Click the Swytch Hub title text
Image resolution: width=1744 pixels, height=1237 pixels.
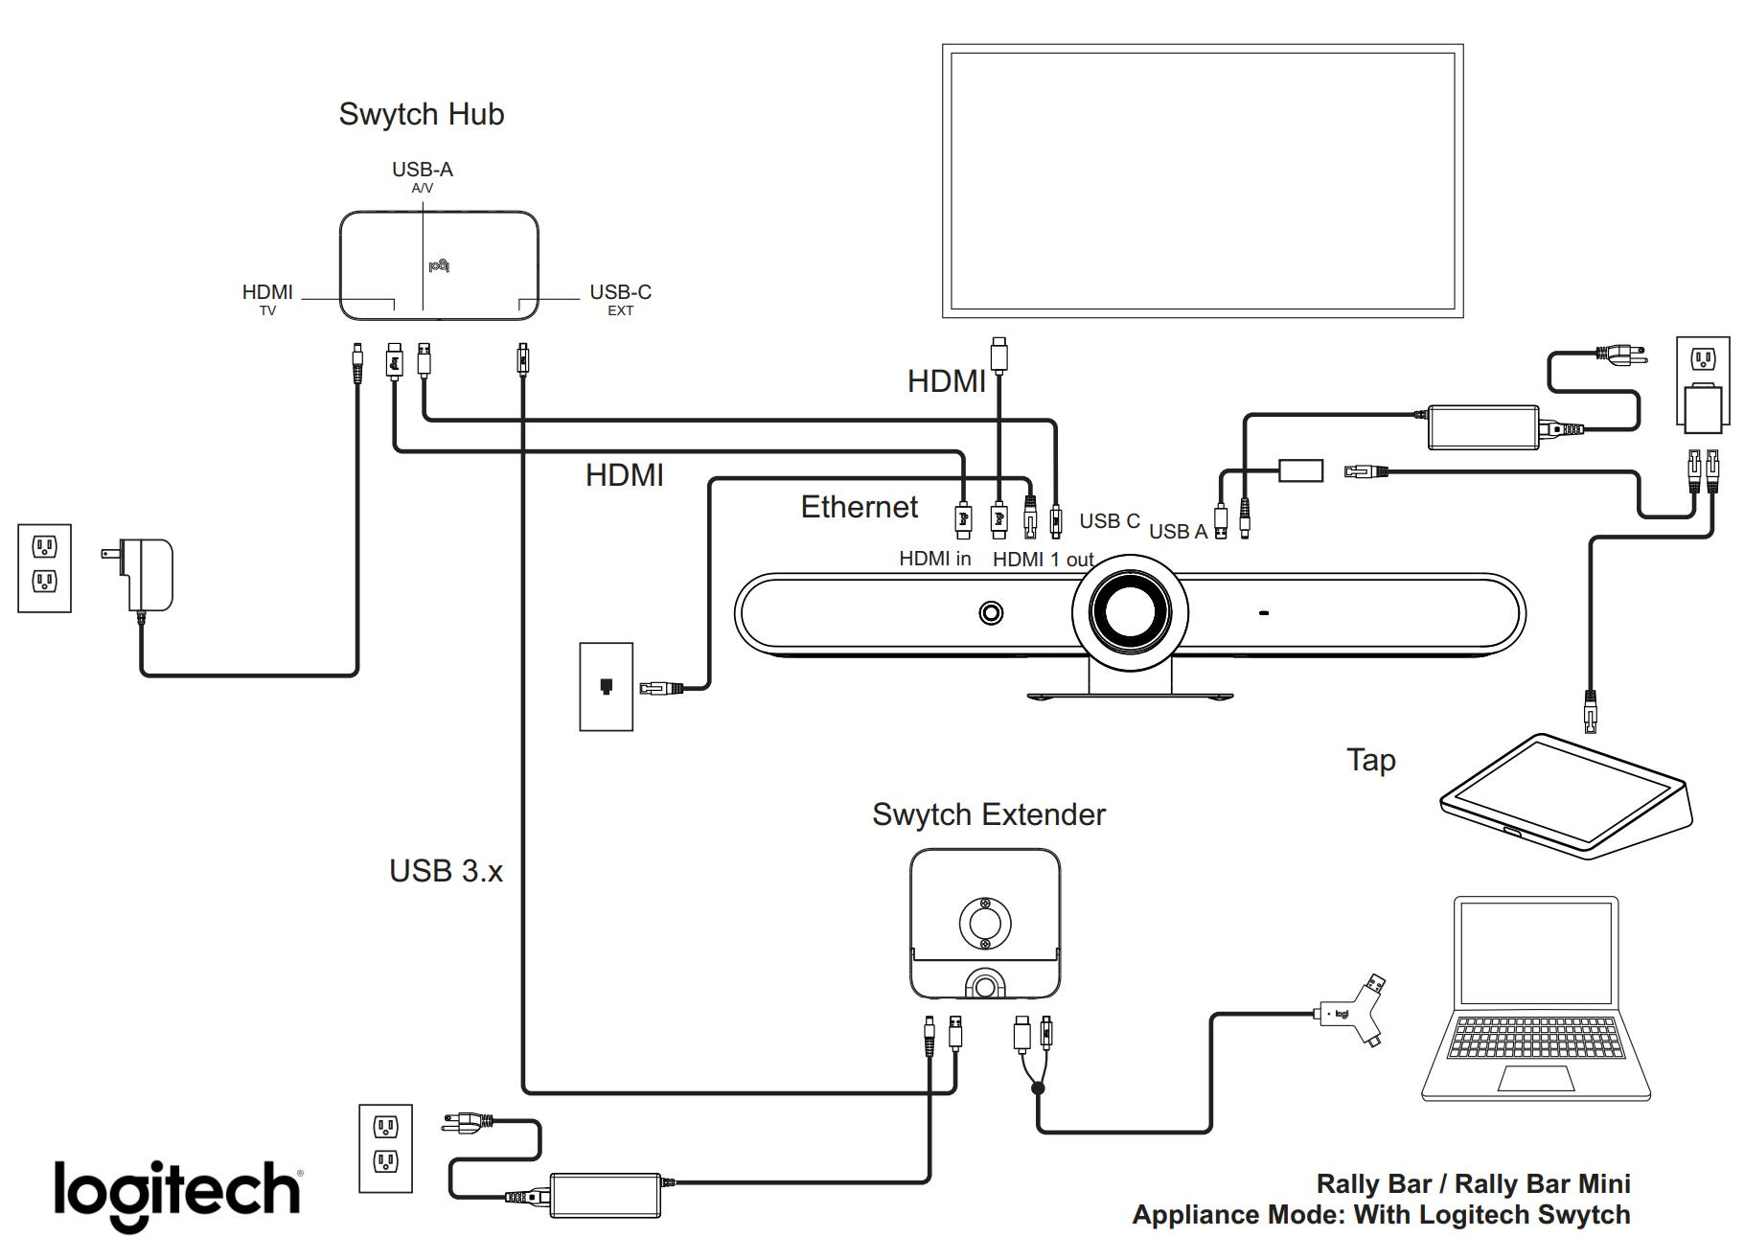click(x=422, y=114)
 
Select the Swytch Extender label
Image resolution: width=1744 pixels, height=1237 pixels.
click(x=988, y=814)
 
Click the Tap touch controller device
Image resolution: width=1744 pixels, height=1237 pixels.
click(x=1567, y=794)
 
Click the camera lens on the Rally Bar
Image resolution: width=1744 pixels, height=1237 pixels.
click(x=1130, y=613)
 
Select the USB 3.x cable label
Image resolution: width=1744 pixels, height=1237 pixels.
click(x=446, y=871)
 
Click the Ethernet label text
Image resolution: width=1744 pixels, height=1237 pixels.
click(x=859, y=507)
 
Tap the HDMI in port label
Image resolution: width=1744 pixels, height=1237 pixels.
click(x=934, y=559)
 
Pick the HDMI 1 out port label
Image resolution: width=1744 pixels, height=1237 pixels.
click(x=1043, y=560)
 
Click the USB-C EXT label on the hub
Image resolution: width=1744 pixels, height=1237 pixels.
click(x=620, y=298)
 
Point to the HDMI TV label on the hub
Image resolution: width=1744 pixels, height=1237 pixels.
click(x=267, y=298)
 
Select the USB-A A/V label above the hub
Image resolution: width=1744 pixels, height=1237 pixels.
click(x=422, y=175)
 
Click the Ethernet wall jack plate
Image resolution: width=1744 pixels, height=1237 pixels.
click(x=606, y=687)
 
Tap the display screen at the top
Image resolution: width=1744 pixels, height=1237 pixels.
click(x=1202, y=180)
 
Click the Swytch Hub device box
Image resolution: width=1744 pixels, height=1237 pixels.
click(x=439, y=265)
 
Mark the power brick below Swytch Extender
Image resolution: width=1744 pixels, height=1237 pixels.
click(x=605, y=1195)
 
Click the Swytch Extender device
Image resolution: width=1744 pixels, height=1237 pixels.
click(x=984, y=924)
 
